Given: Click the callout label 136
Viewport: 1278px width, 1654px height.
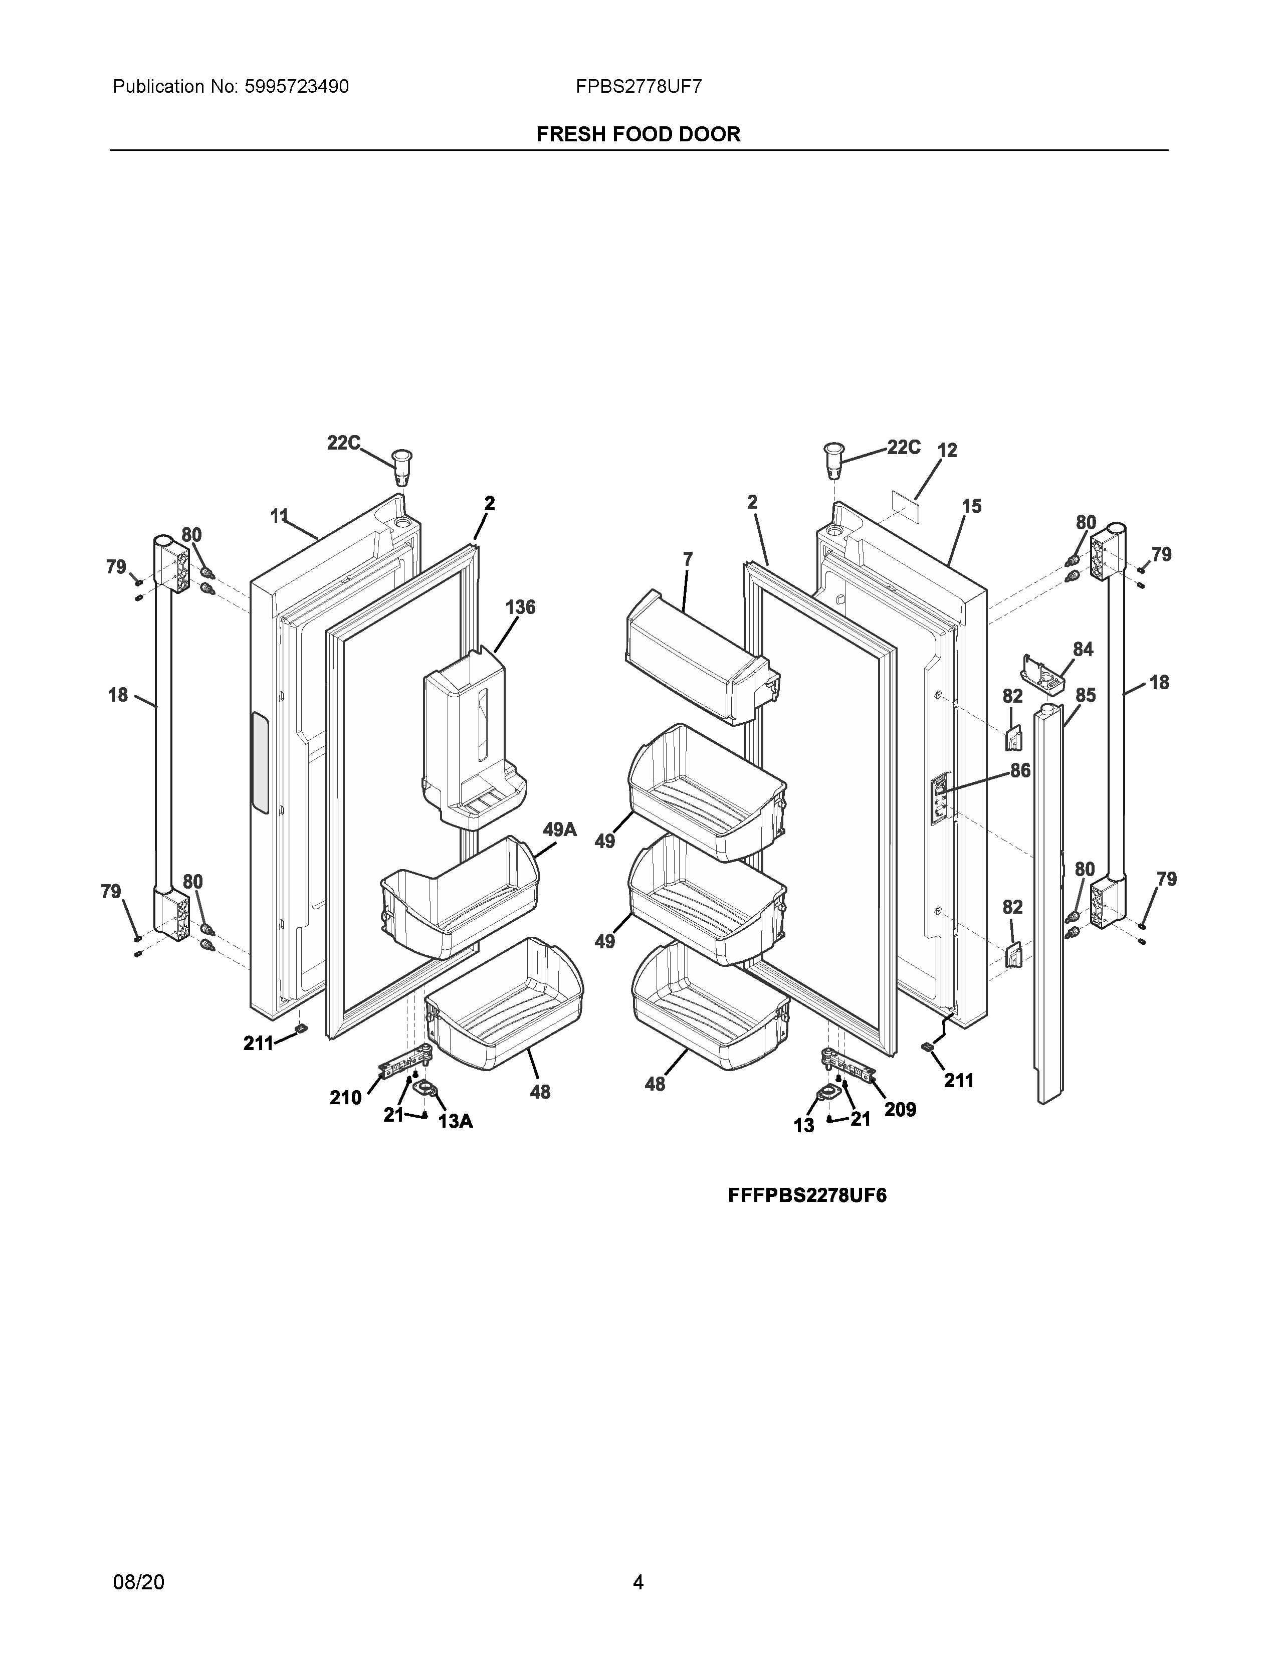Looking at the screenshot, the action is tap(520, 607).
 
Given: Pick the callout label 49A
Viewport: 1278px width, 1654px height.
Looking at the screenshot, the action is tap(559, 830).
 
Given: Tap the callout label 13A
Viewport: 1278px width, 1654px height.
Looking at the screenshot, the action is tap(456, 1122).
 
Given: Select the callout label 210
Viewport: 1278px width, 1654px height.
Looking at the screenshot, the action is tap(345, 1097).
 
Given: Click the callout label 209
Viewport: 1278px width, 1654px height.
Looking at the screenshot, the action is tap(900, 1110).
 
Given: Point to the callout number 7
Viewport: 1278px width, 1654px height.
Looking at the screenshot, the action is tap(688, 560).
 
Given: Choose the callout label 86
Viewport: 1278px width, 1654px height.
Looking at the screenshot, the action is tap(1020, 771).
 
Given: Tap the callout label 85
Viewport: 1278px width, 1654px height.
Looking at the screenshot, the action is tap(1086, 695).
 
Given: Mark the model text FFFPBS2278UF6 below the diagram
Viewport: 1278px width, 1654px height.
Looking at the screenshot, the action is tap(807, 1196).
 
